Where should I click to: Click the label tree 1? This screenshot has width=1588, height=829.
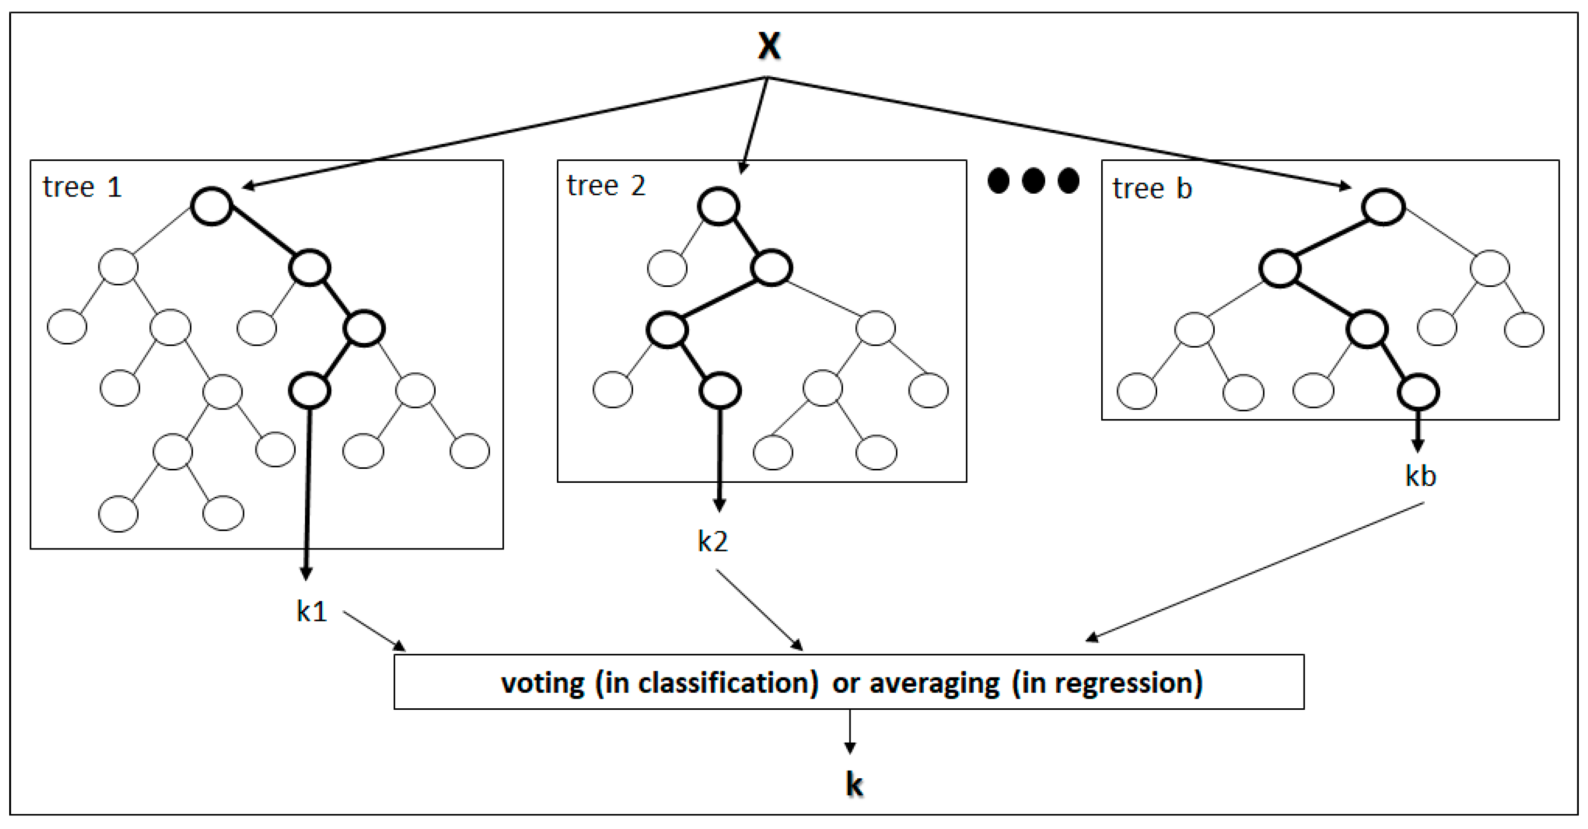pos(82,187)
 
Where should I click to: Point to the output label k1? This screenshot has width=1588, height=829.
pos(312,611)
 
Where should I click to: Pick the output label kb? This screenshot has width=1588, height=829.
pos(1420,476)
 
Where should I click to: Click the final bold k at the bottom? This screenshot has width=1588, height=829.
pos(854,784)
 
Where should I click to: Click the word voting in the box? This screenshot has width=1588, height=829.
pos(542,683)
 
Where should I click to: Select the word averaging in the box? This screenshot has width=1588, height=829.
pos(934,683)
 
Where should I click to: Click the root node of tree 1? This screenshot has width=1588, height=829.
pos(212,206)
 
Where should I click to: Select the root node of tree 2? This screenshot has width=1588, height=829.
pos(719,206)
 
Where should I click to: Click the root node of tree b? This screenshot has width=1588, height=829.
pos(1383,207)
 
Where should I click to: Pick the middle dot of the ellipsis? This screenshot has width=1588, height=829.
pos(1033,181)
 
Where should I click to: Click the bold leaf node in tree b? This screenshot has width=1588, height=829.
pos(1418,392)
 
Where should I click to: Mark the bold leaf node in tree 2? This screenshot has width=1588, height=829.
pos(720,391)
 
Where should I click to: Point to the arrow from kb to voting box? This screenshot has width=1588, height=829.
pos(1258,571)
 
